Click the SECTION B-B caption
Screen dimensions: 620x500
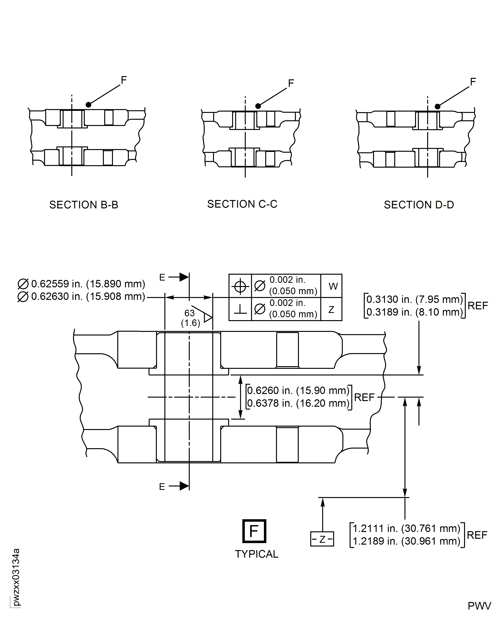pyautogui.click(x=84, y=205)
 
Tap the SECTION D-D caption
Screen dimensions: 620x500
pyautogui.click(x=419, y=205)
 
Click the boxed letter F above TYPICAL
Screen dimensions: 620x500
pyautogui.click(x=254, y=531)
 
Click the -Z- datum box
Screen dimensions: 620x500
pyautogui.click(x=322, y=539)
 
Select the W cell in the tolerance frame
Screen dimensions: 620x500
pyautogui.click(x=333, y=286)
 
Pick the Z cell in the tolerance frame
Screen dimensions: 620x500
pyautogui.click(x=331, y=309)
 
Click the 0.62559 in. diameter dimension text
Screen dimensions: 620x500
pyautogui.click(x=88, y=284)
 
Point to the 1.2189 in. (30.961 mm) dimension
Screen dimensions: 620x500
pyautogui.click(x=406, y=541)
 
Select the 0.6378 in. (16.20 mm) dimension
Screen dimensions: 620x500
pyautogui.click(x=298, y=403)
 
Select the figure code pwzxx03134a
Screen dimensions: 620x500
pyautogui.click(x=16, y=577)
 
